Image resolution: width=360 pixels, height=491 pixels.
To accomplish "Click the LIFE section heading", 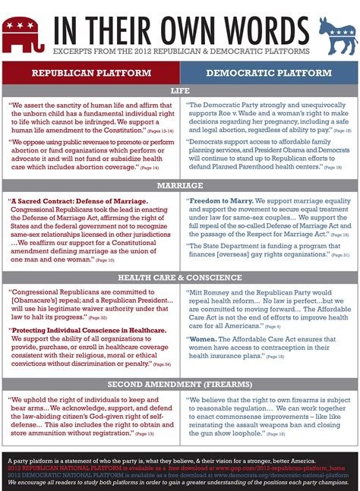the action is [x=180, y=90].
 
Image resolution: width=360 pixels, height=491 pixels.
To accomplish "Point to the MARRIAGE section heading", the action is [x=180, y=185].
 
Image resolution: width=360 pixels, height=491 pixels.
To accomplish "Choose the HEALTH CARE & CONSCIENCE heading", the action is [x=180, y=277].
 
